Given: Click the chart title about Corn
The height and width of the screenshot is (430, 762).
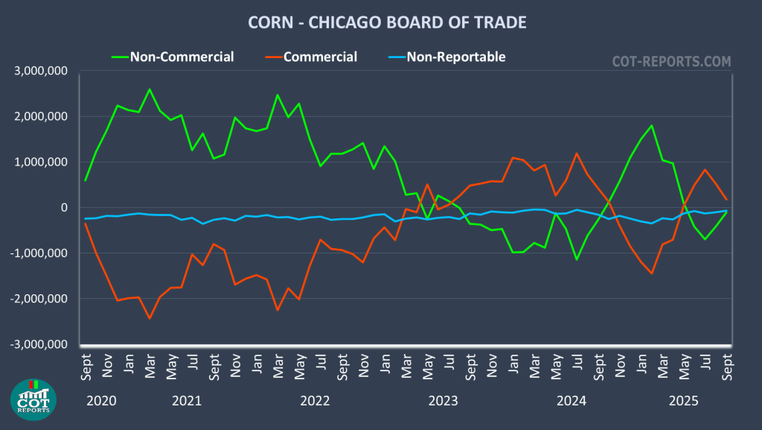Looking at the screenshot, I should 386,22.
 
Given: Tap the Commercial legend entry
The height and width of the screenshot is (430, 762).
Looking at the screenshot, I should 320,57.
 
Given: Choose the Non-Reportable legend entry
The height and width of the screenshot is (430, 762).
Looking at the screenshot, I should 455,57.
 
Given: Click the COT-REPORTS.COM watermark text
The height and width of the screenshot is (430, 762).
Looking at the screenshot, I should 671,61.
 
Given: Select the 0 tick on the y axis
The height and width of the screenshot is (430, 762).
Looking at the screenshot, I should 65,207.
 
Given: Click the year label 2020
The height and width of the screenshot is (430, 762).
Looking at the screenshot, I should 101,401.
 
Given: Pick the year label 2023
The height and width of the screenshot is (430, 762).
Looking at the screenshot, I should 443,401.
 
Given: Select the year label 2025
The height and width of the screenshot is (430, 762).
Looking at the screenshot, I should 684,401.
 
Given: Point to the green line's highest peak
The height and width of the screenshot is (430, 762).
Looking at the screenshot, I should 150,89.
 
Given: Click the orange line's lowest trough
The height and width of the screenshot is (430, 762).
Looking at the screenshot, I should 150,318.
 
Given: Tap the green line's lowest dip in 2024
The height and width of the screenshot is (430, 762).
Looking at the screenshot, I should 576,259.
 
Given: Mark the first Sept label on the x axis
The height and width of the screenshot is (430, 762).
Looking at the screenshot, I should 86,366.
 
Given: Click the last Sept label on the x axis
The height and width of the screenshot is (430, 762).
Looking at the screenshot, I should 726,366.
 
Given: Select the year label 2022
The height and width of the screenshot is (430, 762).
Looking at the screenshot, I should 315,401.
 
